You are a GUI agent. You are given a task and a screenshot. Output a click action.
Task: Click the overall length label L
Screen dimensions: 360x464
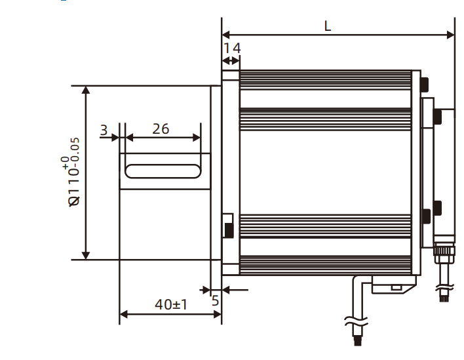pos(328,26)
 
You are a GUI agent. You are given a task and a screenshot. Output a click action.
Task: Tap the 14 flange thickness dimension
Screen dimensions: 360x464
pos(232,48)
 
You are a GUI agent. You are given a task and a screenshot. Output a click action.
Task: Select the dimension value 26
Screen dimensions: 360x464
pos(161,129)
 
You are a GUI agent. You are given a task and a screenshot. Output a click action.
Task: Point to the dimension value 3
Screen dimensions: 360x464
pos(104,130)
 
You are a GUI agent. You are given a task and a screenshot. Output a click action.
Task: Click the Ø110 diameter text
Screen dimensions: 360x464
pos(75,190)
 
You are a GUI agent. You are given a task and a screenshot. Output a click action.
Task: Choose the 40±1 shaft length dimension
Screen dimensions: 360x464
pos(171,304)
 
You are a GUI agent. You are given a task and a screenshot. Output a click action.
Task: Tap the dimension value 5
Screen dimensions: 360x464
pos(215,301)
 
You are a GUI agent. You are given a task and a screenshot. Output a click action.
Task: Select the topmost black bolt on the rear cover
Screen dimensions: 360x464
pos(425,84)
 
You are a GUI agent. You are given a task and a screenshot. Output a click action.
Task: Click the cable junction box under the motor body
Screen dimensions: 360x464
pos(393,286)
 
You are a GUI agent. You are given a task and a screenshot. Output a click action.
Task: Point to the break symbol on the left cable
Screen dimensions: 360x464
pos(354,321)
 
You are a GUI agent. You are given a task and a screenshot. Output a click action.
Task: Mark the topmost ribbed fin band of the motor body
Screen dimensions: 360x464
pos(324,79)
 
